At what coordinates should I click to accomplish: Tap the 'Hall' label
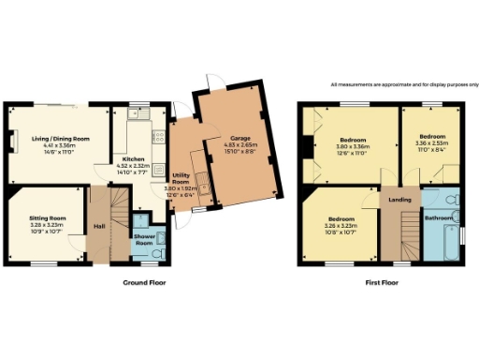tap(99, 226)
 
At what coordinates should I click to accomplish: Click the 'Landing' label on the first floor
tap(400, 200)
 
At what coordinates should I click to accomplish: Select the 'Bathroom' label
tap(439, 218)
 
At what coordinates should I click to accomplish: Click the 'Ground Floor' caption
tap(144, 281)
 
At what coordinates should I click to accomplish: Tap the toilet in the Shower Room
tap(157, 253)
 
